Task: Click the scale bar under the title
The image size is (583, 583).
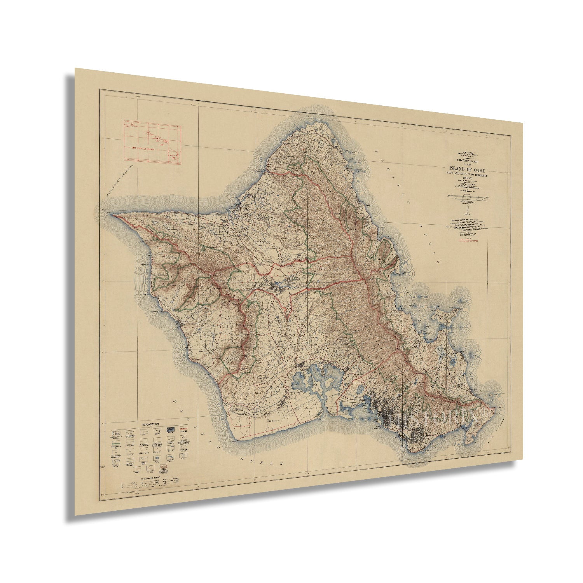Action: [468, 198]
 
